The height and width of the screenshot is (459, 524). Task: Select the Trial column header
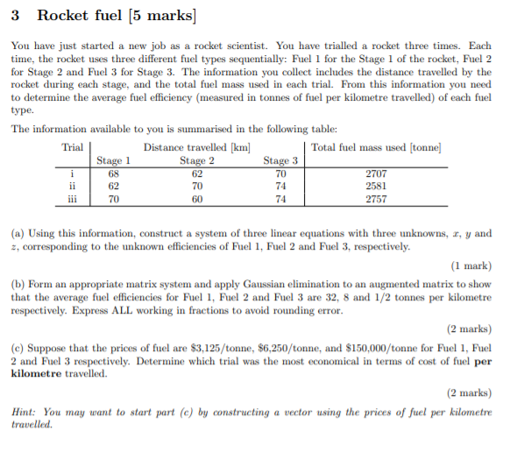click(74, 147)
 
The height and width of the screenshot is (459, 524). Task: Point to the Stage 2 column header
click(197, 160)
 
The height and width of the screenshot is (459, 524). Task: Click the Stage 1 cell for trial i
click(113, 173)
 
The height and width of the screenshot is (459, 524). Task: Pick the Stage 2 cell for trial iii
click(197, 199)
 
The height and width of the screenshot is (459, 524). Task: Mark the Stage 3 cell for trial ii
click(280, 186)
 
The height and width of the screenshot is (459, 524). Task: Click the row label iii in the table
click(74, 199)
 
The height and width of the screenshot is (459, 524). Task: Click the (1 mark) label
click(471, 265)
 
